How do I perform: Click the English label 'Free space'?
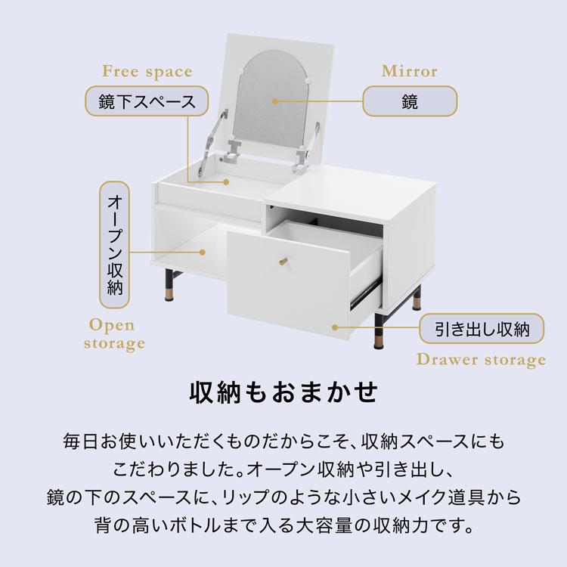point(147,73)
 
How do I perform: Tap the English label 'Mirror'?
point(409,72)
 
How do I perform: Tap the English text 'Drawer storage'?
point(481,360)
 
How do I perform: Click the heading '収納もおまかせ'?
point(283,395)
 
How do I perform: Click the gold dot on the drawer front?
point(335,328)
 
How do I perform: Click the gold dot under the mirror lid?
point(226,181)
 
